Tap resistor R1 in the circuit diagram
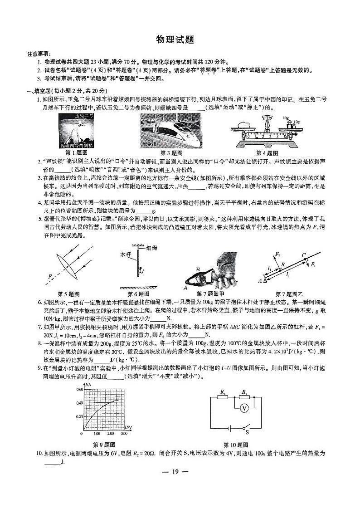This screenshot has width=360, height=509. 223,397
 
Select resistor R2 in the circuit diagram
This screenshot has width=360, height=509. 244,397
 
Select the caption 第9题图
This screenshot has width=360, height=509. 104,444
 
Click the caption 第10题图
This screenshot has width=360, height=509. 235,444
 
